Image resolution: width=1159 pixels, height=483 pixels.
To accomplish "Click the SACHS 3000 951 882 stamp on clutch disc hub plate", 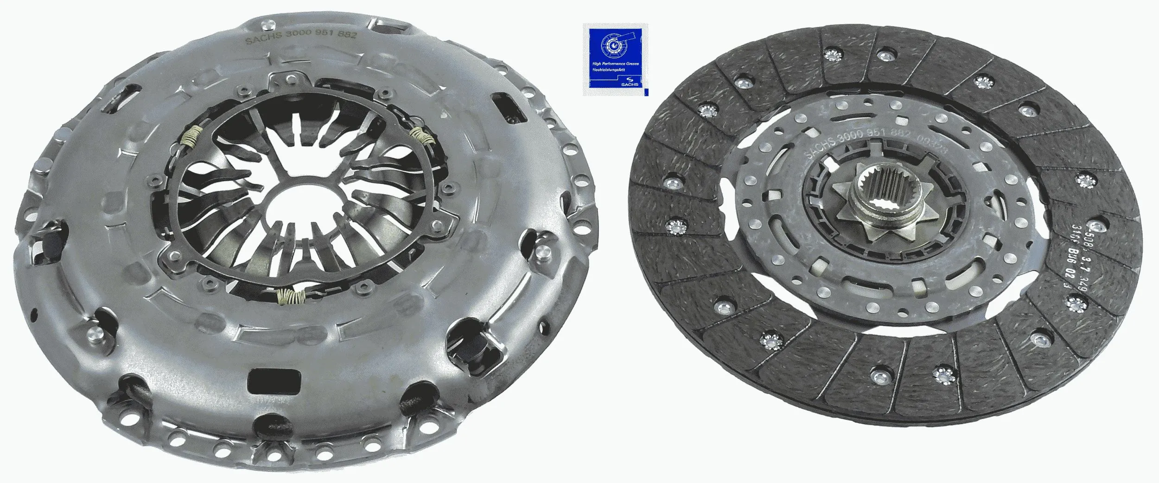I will pos(853,139).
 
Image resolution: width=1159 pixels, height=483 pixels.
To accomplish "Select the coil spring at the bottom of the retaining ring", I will pos(290,296).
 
